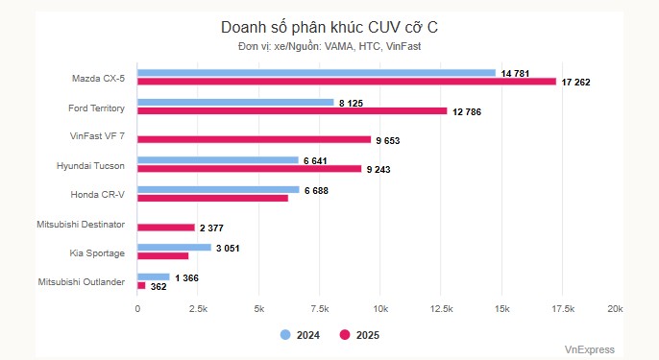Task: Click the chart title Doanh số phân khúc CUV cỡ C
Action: (329, 27)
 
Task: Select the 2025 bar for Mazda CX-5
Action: (347, 82)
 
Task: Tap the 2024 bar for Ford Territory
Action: (235, 102)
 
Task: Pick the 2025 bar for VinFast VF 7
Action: (254, 139)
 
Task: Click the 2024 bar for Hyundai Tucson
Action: (218, 160)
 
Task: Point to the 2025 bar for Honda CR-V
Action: (212, 198)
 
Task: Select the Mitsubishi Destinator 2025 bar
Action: (166, 228)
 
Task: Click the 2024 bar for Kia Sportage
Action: (174, 247)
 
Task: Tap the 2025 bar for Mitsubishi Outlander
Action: (141, 285)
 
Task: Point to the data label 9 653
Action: (388, 140)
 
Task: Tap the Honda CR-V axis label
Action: (97, 193)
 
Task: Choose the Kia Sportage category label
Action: (96, 252)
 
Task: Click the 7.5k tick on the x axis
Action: (319, 308)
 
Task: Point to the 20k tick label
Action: (614, 308)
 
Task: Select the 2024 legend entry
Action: (301, 335)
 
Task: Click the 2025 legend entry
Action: (359, 335)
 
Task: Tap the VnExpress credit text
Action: (589, 349)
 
